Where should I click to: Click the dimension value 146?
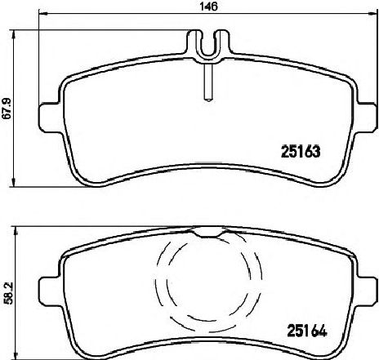coord(209,6)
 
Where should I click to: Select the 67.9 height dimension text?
coord(7,108)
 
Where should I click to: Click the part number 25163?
coord(301,152)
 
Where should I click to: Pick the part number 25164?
coord(306,331)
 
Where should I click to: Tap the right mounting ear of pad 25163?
coord(367,118)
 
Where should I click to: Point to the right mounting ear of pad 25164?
coord(367,291)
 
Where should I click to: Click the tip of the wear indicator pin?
coord(208,100)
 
